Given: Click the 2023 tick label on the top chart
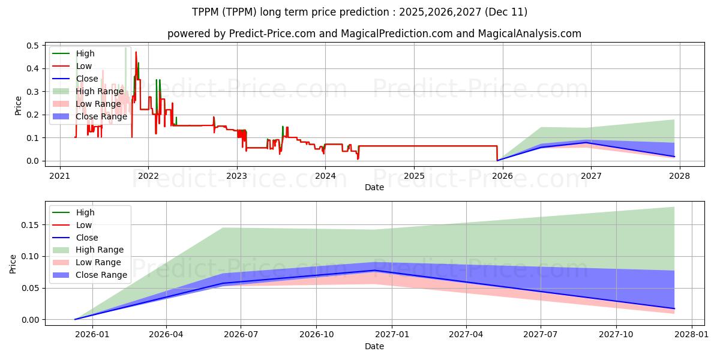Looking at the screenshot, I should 236,176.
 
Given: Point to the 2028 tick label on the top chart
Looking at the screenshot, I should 679,176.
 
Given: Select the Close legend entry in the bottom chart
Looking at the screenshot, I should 88,238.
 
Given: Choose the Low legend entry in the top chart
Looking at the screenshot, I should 84,66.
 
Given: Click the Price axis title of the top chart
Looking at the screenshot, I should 17,106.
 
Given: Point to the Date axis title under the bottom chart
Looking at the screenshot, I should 374,346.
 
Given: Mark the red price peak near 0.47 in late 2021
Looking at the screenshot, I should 136,52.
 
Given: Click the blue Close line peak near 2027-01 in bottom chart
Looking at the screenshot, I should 374,271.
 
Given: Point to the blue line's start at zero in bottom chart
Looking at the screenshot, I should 75,319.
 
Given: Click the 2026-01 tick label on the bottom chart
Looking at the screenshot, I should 91,335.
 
